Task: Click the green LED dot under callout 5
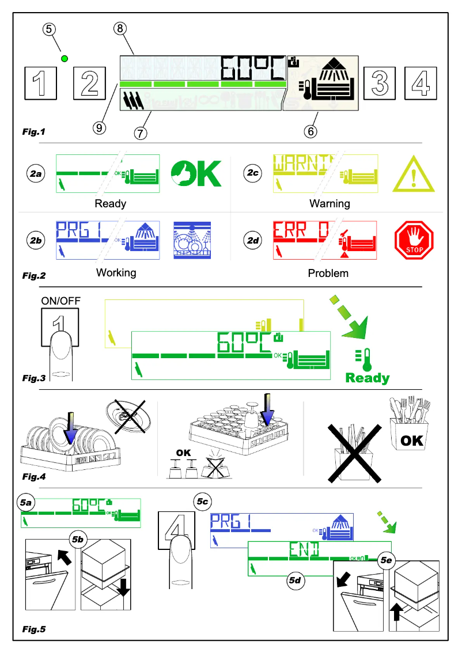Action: point(65,58)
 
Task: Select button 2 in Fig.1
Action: point(90,83)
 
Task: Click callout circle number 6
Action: point(310,131)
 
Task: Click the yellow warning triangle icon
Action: point(413,173)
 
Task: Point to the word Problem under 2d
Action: point(328,273)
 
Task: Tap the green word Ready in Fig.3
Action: point(367,378)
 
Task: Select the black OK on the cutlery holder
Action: point(411,441)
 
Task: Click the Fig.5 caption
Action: point(34,629)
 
